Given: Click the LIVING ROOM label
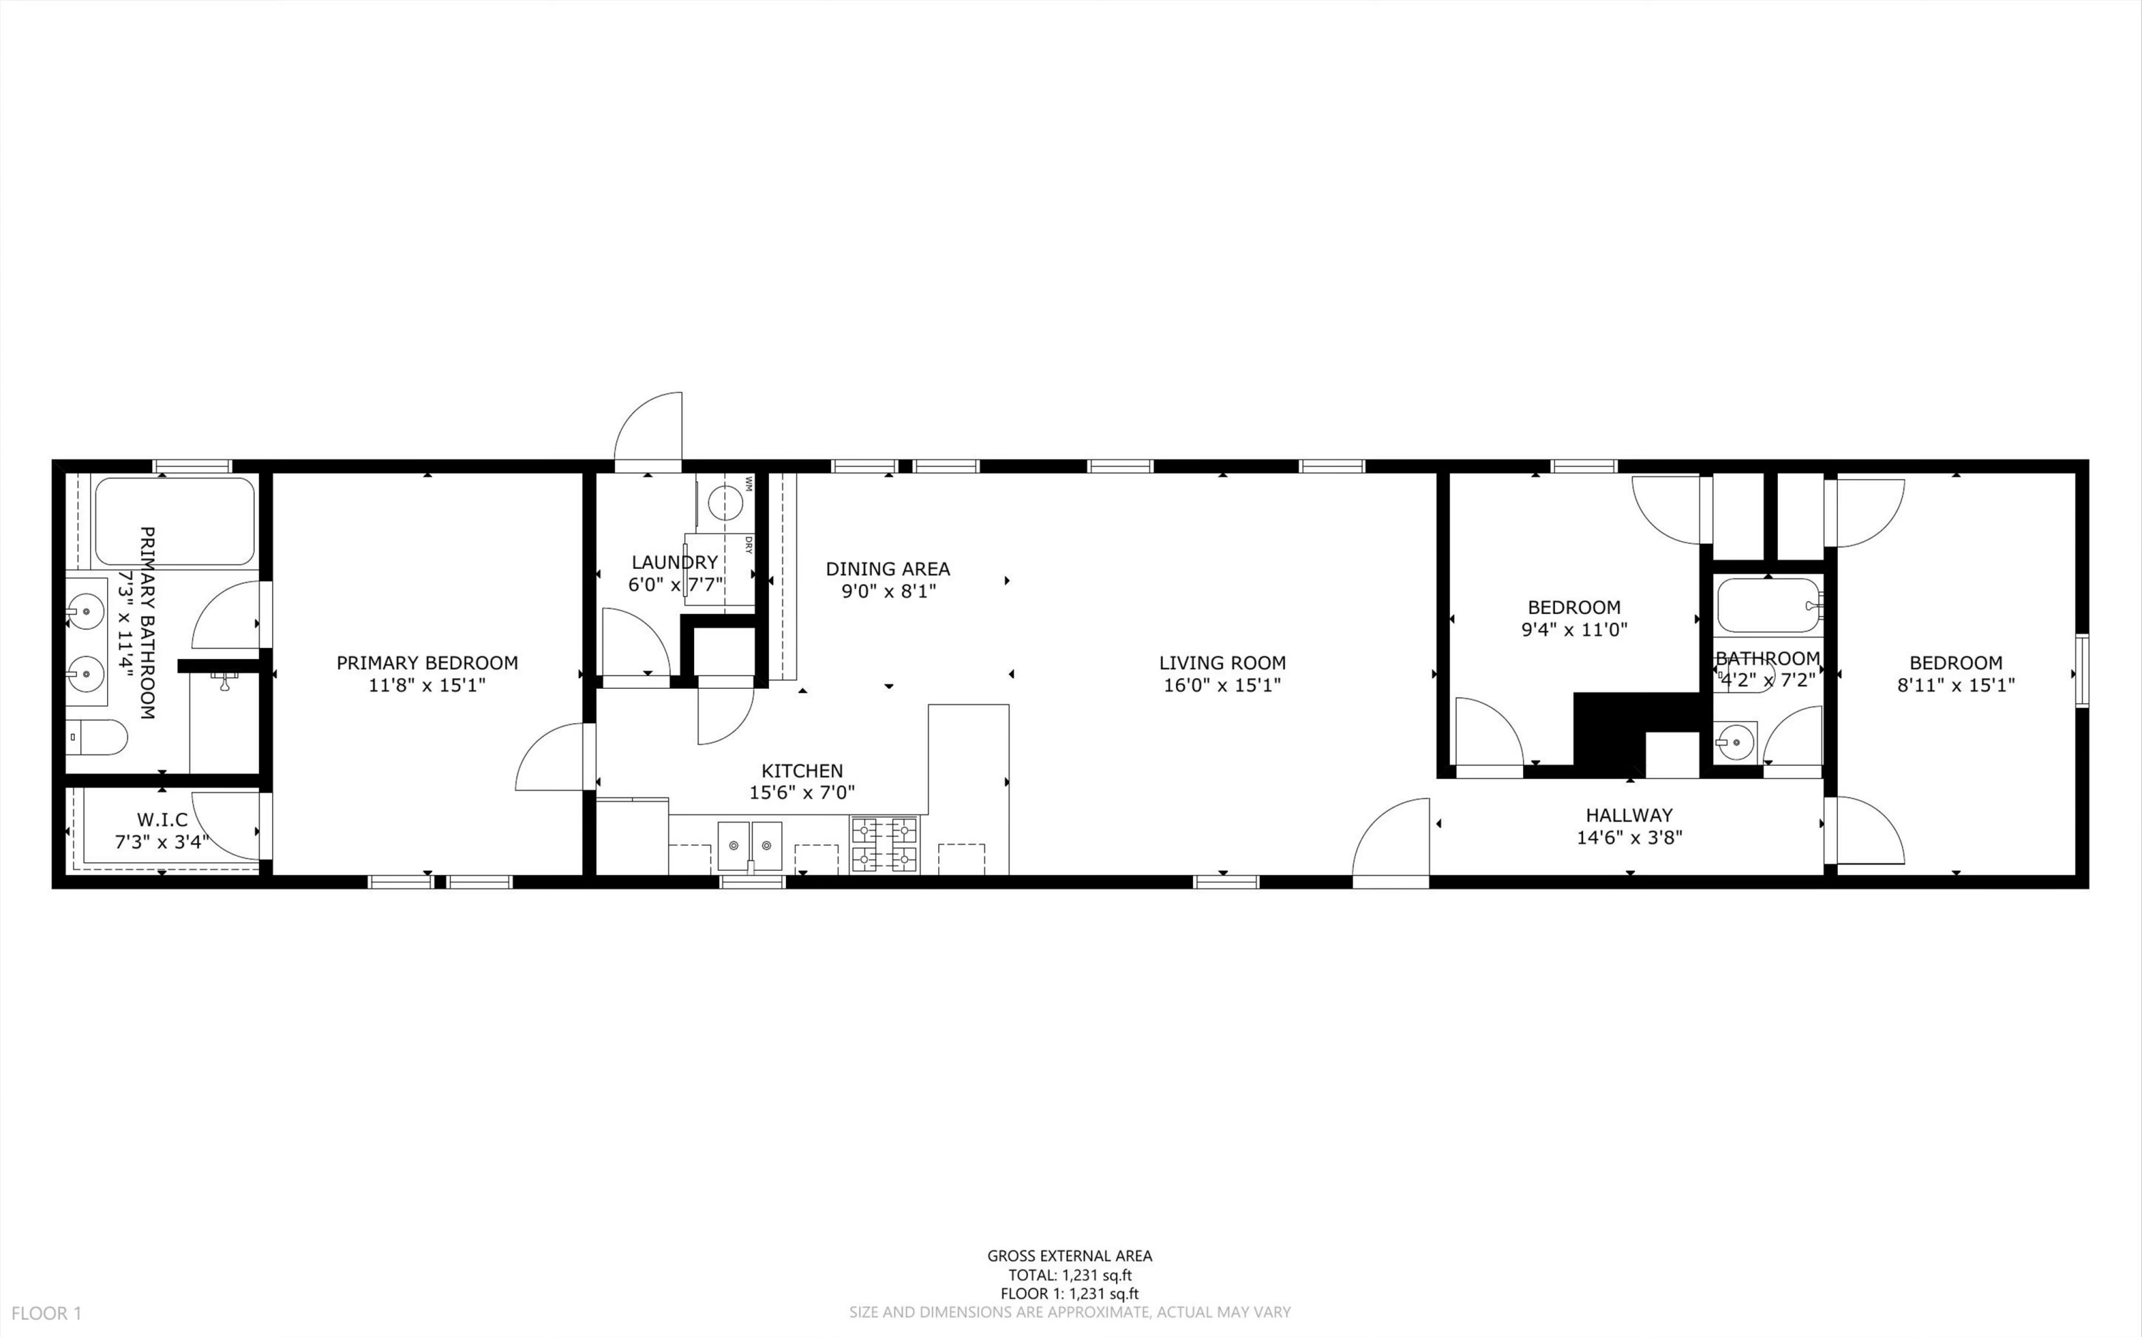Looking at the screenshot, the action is point(1222,662).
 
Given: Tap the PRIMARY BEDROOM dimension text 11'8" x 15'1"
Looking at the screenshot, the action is point(427,685).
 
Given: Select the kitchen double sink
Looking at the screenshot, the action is point(750,845).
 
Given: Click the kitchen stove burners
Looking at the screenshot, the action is point(885,844).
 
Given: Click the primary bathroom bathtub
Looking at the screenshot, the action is point(174,522).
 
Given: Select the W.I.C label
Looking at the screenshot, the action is point(162,819).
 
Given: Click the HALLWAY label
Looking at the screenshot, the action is point(1629,815).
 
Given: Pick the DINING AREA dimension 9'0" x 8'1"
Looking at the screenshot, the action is point(888,590).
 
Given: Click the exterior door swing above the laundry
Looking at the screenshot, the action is point(648,426).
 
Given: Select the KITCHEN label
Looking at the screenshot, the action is point(802,770).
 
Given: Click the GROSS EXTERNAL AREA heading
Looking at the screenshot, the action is point(1070,1256).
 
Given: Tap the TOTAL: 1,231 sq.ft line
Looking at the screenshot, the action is point(1070,1275).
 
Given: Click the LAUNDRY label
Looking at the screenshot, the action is point(675,562).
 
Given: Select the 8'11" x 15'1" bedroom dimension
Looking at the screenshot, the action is point(1956,685).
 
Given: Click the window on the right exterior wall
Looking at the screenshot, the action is point(2082,671).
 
